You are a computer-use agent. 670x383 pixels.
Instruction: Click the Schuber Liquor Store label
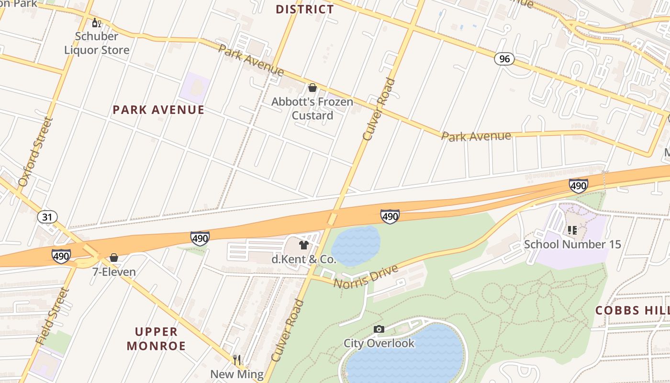97,43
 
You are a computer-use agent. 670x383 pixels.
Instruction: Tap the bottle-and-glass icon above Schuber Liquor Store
97,23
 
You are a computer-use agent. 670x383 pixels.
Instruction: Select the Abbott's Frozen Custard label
312,108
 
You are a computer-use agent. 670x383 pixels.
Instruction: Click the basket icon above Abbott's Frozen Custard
313,88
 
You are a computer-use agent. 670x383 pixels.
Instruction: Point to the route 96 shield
504,59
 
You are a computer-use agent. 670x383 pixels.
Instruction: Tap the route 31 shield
47,217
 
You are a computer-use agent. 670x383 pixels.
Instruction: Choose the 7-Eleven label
114,272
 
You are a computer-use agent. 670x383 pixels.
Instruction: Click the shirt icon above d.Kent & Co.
303,246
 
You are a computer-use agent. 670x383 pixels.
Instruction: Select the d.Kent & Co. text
303,260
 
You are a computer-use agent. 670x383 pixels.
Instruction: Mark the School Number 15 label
572,244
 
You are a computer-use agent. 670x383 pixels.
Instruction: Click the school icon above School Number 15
572,230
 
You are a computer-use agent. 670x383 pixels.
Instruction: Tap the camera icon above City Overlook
379,329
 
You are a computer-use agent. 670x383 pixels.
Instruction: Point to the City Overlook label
379,343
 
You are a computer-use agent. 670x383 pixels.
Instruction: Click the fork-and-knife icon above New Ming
237,360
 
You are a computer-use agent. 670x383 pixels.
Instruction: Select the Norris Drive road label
366,277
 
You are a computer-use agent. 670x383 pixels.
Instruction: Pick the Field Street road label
52,316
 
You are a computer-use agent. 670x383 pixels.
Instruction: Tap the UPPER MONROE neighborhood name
156,338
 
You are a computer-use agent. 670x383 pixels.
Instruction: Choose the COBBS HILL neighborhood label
632,310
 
